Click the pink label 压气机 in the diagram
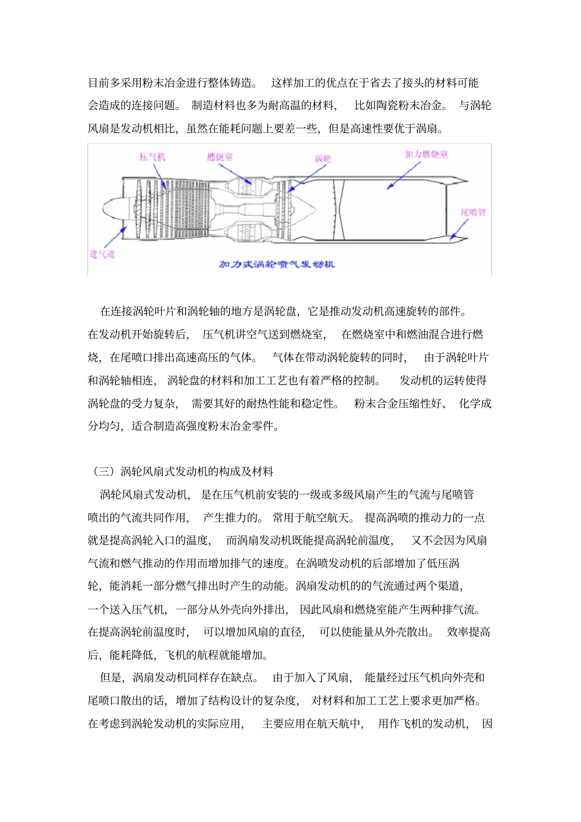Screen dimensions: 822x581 tap(152, 157)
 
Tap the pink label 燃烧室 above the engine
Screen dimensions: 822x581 tap(220, 157)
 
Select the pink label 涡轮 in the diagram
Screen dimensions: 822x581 tap(323, 158)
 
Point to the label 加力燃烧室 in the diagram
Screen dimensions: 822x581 tap(426, 154)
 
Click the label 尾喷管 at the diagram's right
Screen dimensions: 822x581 tap(473, 212)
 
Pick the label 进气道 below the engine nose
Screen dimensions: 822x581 tap(102, 254)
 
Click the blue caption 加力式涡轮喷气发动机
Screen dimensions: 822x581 tap(276, 265)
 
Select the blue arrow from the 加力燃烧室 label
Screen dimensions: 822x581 tap(401, 174)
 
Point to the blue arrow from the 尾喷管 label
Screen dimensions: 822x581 tap(461, 229)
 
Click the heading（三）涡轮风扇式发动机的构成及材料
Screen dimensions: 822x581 tap(183, 471)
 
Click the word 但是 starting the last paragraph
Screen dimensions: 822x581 tap(111, 677)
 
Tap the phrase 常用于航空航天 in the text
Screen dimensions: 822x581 tap(313, 517)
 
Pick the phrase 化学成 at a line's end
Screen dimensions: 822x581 tap(475, 403)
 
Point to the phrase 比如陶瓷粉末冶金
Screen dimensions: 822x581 tap(399, 105)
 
